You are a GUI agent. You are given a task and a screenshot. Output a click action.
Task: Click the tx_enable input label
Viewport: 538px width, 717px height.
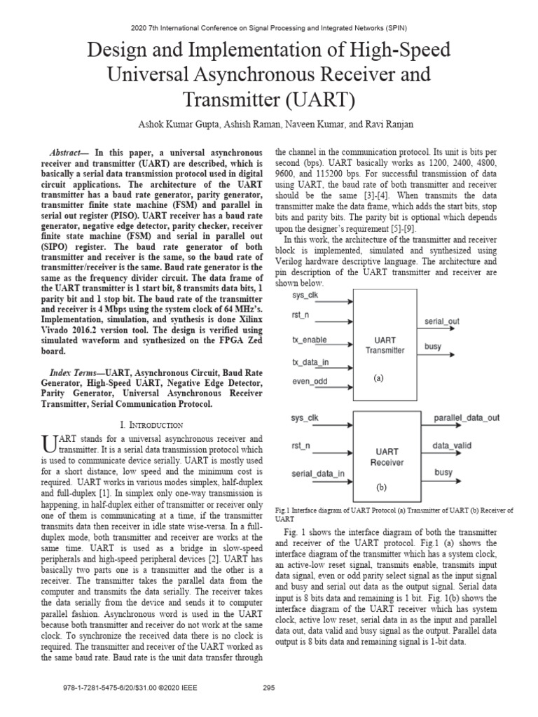[310, 340]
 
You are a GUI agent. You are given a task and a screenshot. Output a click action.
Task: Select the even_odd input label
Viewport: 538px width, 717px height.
[309, 382]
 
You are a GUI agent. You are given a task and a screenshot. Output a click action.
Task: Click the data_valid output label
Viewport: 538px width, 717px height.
[450, 445]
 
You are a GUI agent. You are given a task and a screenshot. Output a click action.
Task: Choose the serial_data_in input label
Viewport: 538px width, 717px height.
[317, 473]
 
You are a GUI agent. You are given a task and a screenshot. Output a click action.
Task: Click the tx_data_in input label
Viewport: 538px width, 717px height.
[311, 361]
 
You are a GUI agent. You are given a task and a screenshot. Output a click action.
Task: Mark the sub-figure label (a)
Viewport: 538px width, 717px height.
[379, 378]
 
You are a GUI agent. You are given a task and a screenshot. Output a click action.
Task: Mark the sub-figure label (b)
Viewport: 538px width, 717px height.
[381, 485]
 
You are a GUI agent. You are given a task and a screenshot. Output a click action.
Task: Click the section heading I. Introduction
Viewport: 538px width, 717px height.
[152, 424]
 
